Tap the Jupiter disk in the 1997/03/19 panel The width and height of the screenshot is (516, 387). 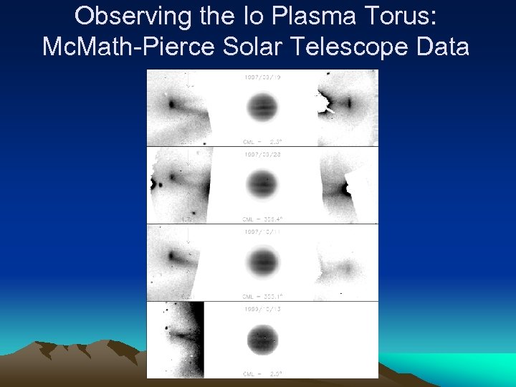click(x=262, y=109)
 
